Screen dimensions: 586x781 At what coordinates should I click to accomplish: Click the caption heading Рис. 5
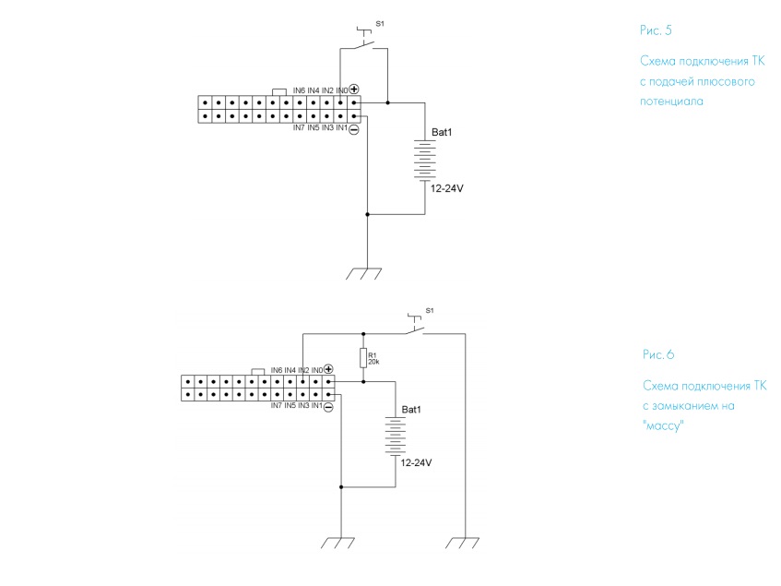[x=656, y=30]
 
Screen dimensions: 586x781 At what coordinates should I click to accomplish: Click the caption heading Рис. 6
[x=659, y=354]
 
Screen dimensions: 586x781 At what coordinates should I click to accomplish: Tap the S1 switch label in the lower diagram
[x=428, y=309]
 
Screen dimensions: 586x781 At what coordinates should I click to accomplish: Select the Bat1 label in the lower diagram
[x=411, y=409]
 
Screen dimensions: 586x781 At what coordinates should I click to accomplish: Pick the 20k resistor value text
[x=373, y=362]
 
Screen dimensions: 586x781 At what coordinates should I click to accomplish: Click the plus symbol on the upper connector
[x=354, y=90]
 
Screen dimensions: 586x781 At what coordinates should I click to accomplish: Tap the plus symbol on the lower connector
[x=328, y=369]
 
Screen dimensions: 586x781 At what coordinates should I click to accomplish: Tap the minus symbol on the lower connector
[x=328, y=405]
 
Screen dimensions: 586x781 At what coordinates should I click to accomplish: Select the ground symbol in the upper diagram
[x=366, y=273]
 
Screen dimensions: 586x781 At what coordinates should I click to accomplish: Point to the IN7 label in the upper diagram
[x=299, y=127]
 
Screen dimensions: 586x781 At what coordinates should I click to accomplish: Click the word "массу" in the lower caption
[x=665, y=425]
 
